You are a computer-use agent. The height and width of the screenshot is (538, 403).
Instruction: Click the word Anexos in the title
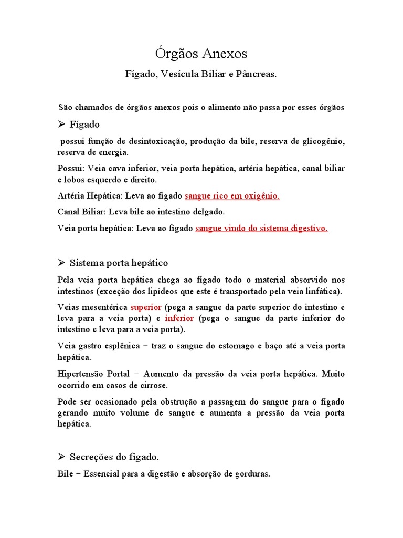pos(222,54)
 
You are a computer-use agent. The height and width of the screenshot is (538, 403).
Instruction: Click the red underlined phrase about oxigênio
pos(232,196)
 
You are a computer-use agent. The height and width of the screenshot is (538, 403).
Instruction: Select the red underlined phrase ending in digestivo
pos(261,229)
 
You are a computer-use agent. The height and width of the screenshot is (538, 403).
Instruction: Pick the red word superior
pos(146,307)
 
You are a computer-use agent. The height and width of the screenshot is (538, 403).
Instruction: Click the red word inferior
pos(179,318)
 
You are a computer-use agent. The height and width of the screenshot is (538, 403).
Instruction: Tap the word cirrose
pos(153,385)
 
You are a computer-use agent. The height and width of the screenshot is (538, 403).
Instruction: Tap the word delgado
pos(207,212)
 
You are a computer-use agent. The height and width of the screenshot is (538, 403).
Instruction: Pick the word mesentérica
pos(104,307)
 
